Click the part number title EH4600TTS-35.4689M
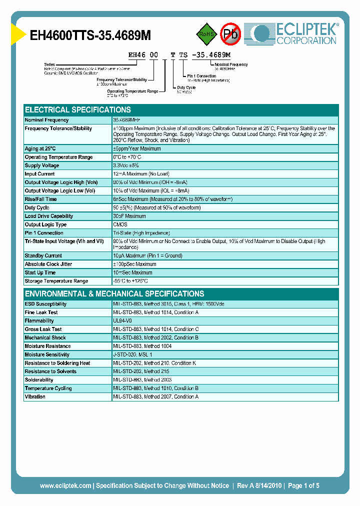[90, 35]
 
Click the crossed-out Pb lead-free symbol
[231, 34]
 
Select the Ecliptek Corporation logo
[295, 33]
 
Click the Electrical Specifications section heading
[78, 110]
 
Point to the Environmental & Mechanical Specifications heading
[114, 294]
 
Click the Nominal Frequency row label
[47, 120]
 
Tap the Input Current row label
[40, 174]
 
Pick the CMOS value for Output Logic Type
[120, 224]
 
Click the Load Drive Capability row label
[49, 216]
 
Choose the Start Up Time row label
[40, 272]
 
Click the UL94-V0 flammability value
[123, 321]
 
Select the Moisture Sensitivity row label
[47, 354]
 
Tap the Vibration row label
[35, 396]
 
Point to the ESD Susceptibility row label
[46, 304]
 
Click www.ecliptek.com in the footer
[65, 485]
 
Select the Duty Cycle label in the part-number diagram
[186, 87]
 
